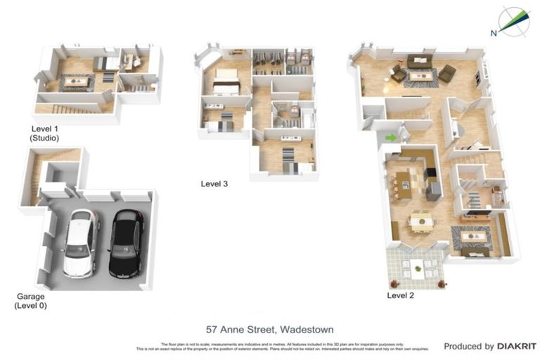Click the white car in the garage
81,242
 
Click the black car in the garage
127,243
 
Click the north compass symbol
514,21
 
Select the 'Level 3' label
214,184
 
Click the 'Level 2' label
400,295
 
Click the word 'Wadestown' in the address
306,329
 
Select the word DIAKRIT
517,346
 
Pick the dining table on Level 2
422,221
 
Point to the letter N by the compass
494,32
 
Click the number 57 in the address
212,329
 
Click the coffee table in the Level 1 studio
76,81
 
